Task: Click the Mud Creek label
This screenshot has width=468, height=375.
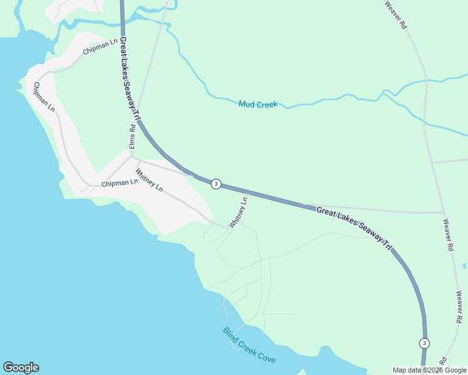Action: pos(258,104)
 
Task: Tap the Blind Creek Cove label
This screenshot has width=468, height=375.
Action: pos(249,346)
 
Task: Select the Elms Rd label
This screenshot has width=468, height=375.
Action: pos(132,136)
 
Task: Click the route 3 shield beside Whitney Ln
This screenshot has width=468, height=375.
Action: pos(216,184)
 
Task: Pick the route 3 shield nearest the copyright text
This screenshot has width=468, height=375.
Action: pos(425,343)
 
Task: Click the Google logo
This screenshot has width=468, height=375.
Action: pos(21,367)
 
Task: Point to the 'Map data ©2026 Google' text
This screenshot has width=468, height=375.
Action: pos(429,370)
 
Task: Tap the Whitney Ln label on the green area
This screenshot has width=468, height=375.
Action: pos(238,212)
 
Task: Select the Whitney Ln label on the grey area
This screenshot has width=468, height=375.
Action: pos(149,179)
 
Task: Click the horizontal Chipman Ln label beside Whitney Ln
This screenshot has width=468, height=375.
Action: pos(120,183)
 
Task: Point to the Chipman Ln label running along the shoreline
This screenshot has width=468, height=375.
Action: pos(44,97)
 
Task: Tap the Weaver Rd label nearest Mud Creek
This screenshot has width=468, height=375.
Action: pos(396,16)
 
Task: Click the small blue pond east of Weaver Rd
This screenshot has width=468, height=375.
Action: pos(465,266)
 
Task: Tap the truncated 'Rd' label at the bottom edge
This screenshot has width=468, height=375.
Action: pos(442,361)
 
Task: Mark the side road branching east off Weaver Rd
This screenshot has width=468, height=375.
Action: pos(450,161)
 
